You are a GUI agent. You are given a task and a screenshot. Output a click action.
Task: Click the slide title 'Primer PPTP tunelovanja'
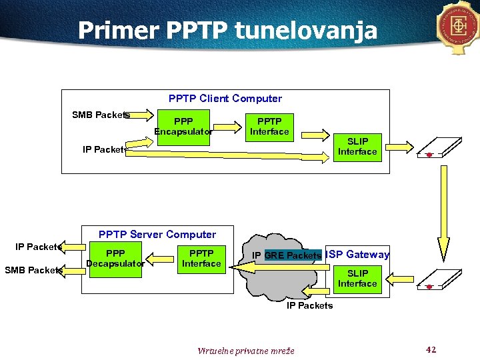pyautogui.click(x=227, y=31)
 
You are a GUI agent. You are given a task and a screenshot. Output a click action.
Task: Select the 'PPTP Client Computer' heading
pyautogui.click(x=225, y=99)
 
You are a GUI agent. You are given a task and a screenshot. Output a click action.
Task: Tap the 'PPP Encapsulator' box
pyautogui.click(x=183, y=127)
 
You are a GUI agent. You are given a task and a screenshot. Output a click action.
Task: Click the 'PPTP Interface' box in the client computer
pyautogui.click(x=269, y=127)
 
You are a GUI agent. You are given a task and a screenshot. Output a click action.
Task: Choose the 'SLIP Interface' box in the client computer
pyautogui.click(x=357, y=146)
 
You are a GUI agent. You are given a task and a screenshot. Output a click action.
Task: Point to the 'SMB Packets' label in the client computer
pyautogui.click(x=101, y=115)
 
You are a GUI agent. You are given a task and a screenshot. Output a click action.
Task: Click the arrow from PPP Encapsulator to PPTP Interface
pyautogui.click(x=227, y=126)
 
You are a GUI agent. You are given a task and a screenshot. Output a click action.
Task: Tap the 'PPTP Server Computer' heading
pyautogui.click(x=157, y=235)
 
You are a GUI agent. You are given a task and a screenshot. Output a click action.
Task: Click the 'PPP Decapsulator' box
pyautogui.click(x=115, y=259)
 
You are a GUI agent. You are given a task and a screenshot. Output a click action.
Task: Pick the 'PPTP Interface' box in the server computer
pyautogui.click(x=201, y=259)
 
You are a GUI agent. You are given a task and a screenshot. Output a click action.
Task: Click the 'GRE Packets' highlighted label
pyautogui.click(x=293, y=255)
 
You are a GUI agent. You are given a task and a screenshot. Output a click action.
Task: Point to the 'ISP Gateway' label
pyautogui.click(x=358, y=255)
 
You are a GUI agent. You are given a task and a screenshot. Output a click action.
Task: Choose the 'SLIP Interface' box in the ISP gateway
pyautogui.click(x=357, y=278)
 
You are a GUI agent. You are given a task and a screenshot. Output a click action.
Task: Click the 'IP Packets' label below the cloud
pyautogui.click(x=309, y=305)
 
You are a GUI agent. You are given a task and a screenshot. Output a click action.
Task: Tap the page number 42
pyautogui.click(x=431, y=349)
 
